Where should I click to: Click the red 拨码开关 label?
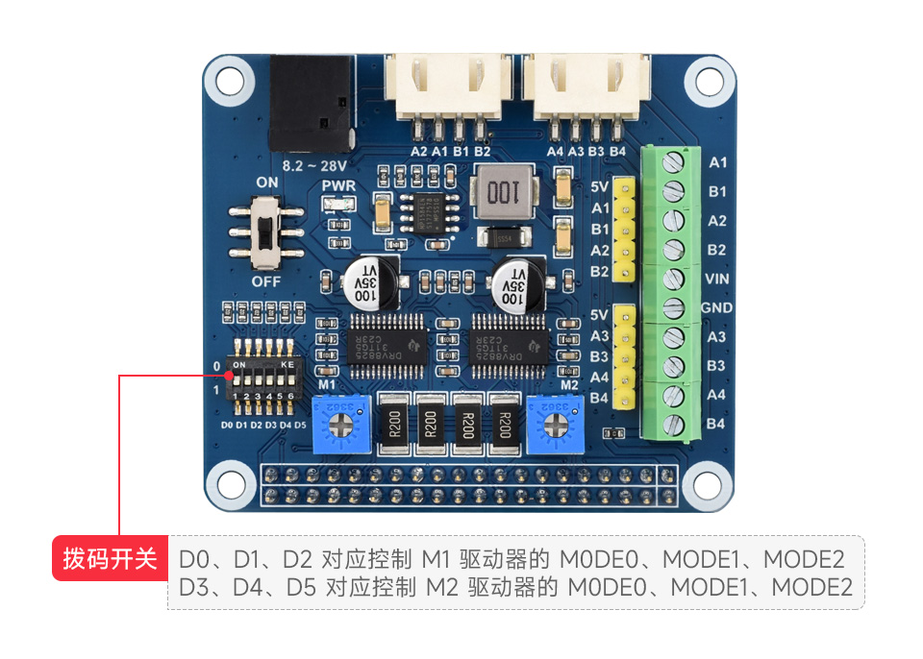(x=110, y=559)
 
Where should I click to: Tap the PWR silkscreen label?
(x=338, y=185)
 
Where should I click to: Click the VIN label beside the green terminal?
(x=717, y=279)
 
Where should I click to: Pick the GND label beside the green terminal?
(x=717, y=307)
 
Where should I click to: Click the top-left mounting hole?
(x=229, y=79)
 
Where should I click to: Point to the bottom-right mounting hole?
(x=709, y=485)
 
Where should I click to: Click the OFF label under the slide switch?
(x=266, y=281)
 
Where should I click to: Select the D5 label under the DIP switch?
(x=300, y=424)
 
